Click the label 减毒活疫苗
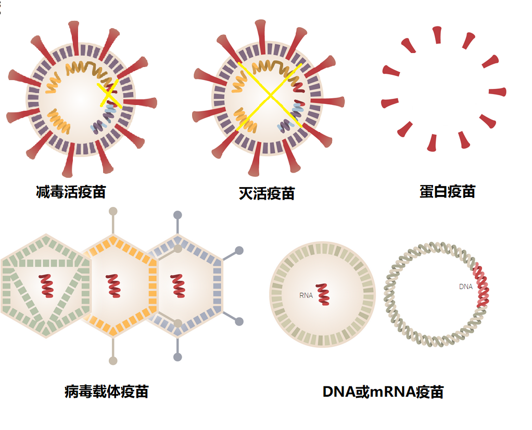coord(71,192)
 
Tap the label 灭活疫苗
coord(267,193)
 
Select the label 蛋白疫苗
coord(447,191)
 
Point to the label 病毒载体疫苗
coord(107,391)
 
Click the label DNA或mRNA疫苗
coord(383,392)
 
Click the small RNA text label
coord(306,295)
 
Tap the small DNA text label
coord(465,286)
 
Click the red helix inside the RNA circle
coord(323,294)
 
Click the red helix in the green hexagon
coord(46,285)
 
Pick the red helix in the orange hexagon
coord(113,285)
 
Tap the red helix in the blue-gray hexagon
coord(178,285)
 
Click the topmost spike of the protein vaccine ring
coord(437,35)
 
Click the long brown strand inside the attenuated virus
coord(88,69)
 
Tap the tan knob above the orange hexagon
coord(113,212)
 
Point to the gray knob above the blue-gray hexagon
coord(178,215)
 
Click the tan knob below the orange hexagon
coord(113,360)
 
